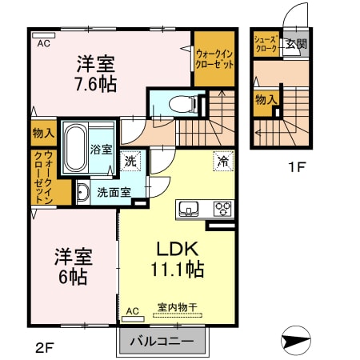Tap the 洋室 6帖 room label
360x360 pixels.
click(73, 266)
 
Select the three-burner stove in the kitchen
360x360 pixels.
click(222, 209)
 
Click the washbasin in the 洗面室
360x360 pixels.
click(83, 192)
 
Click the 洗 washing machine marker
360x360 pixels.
click(131, 160)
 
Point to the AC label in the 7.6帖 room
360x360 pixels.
click(43, 44)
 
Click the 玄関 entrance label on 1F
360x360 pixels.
click(297, 45)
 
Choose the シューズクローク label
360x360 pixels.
click(266, 44)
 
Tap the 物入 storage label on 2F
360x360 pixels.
click(43, 134)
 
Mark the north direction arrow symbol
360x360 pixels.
click(295, 342)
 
